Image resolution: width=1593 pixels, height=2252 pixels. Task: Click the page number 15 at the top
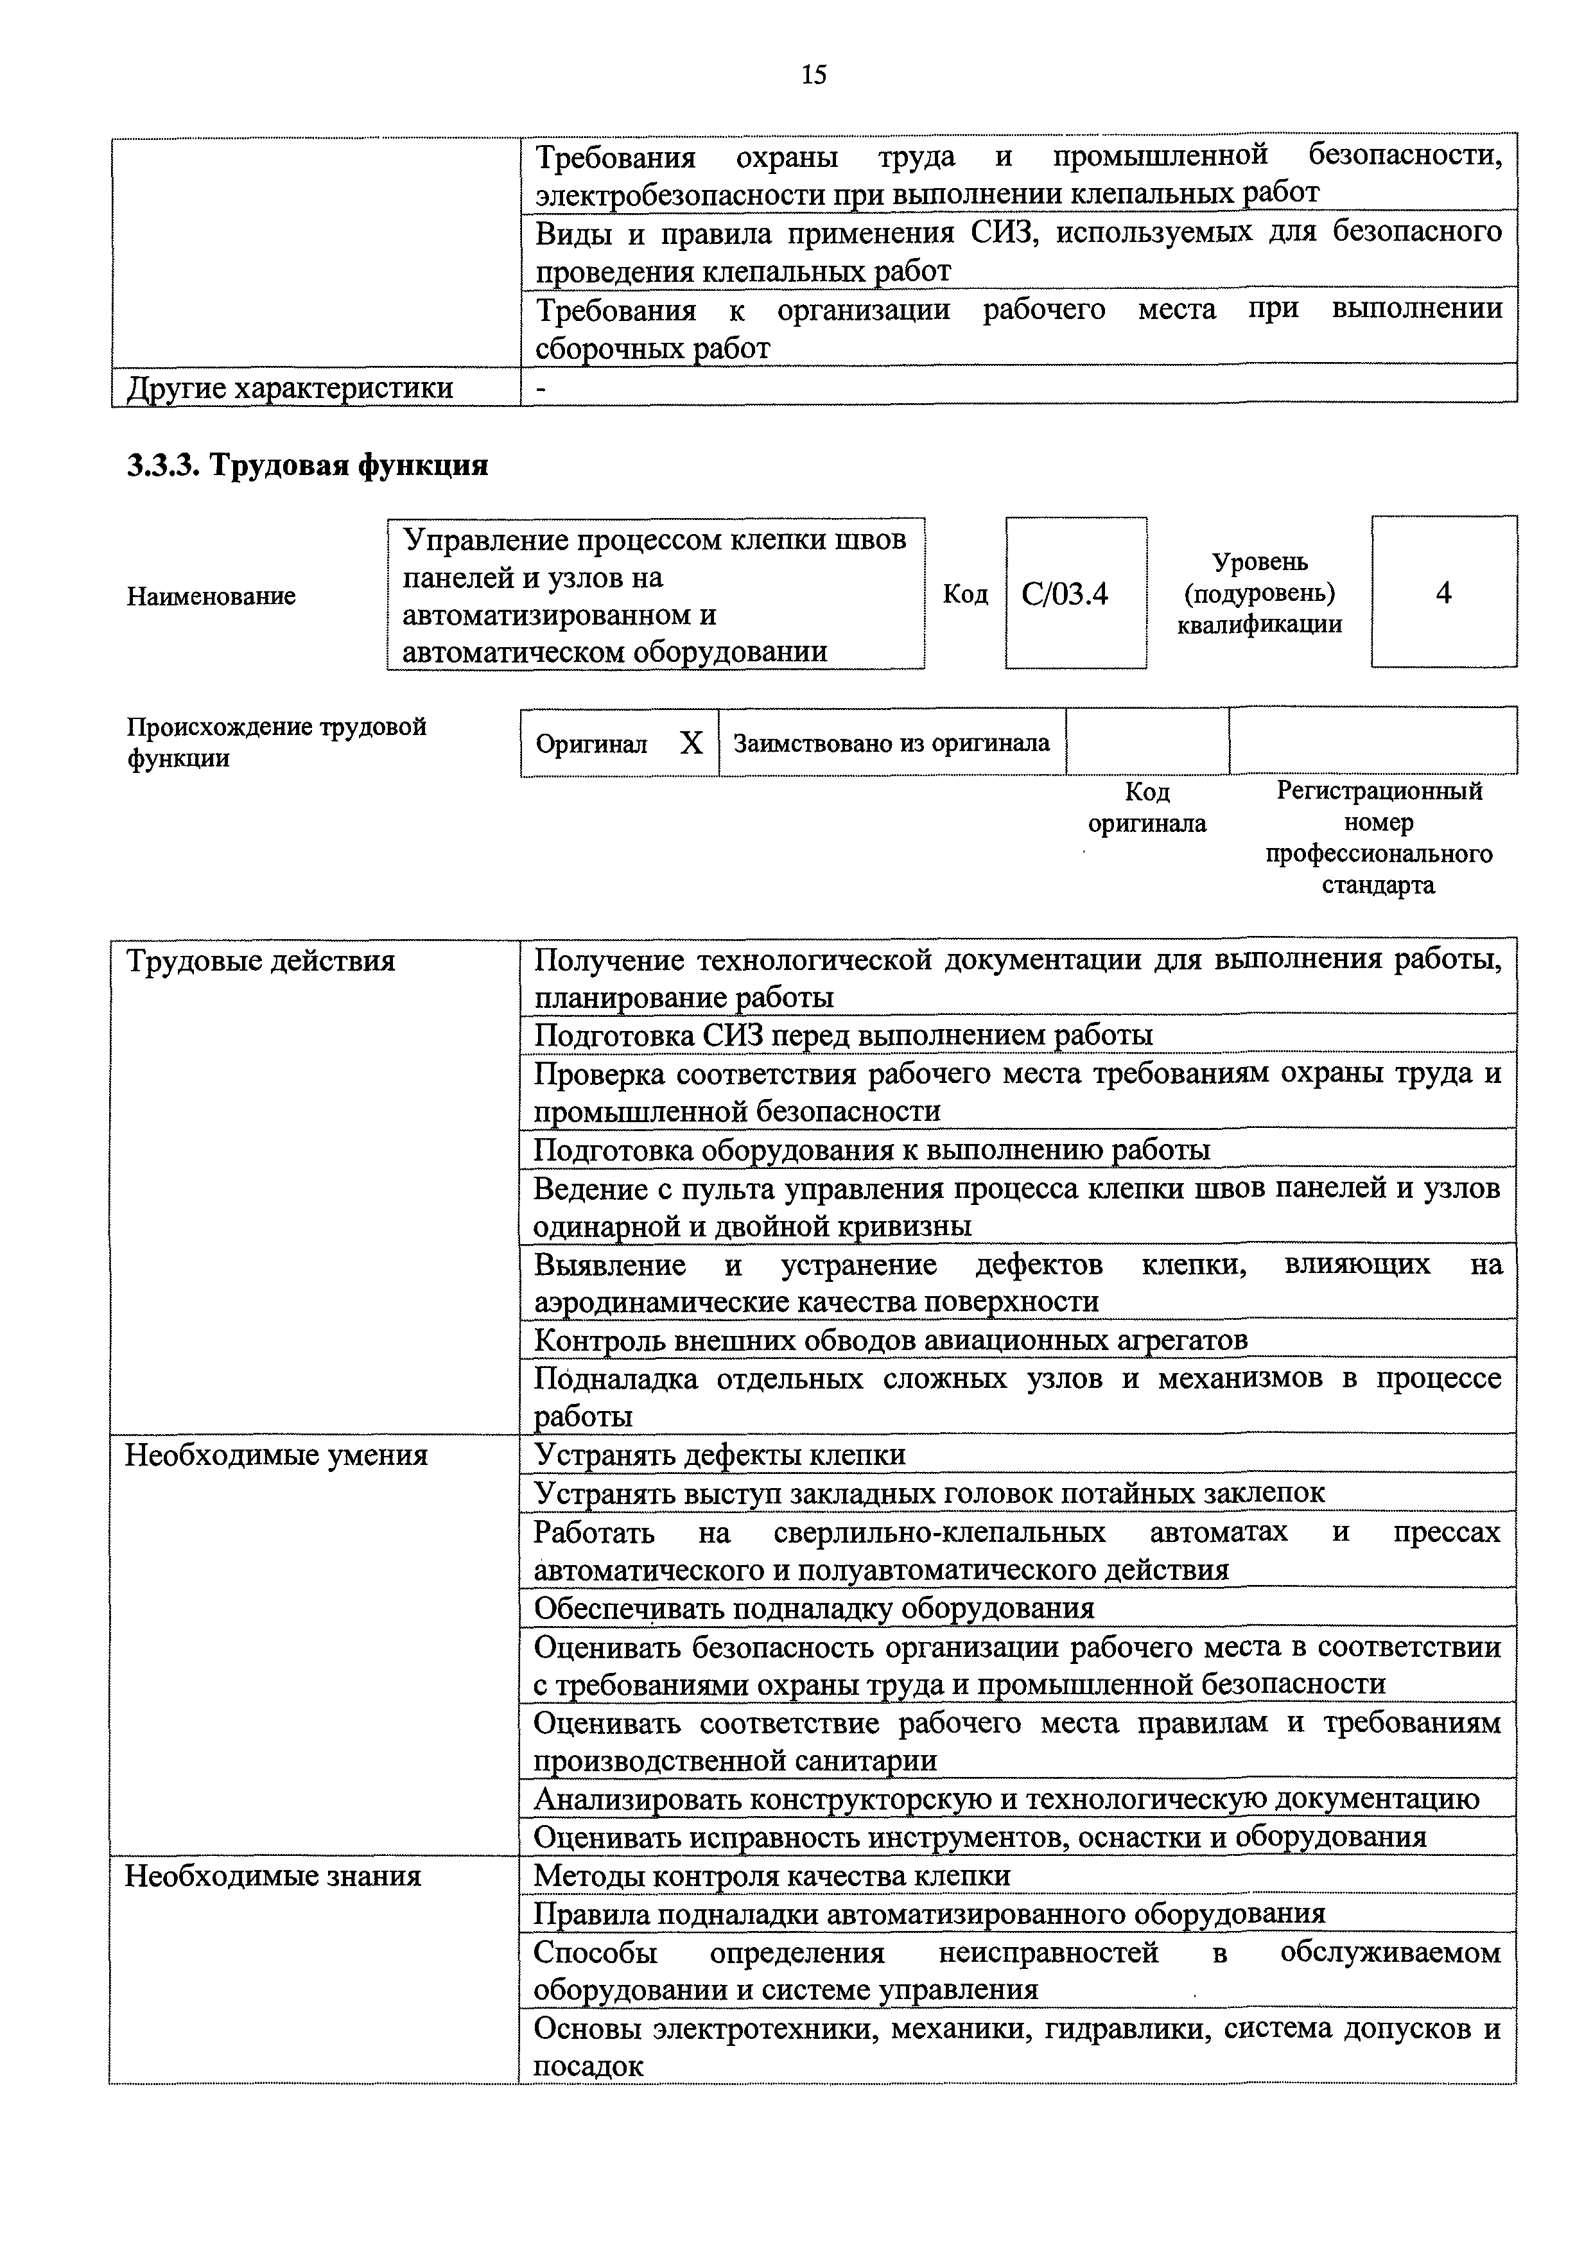pos(813,74)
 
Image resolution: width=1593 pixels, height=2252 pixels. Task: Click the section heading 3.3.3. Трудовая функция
pos(307,465)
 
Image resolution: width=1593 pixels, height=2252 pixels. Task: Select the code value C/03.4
pos(1065,594)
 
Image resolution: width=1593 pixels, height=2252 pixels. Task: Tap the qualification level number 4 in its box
pos(1443,593)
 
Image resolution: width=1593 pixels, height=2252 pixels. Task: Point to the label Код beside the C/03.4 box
pos(965,594)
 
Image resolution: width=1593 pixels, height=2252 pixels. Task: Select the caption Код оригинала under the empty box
pos(1147,807)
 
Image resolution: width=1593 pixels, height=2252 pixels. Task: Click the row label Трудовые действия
pos(261,961)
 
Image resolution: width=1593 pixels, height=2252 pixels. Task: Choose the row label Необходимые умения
pos(277,1455)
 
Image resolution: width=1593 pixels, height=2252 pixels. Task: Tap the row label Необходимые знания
pos(273,1876)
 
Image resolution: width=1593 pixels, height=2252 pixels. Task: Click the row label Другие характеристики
pos(290,388)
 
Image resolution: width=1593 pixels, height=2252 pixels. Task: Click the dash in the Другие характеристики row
pos(541,388)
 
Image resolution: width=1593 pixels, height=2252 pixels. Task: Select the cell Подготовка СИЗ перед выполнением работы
pos(844,1035)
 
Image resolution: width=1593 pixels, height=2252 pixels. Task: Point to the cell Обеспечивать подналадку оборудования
pos(814,1609)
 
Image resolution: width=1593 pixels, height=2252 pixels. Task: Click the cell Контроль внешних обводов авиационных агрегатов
pos(891,1340)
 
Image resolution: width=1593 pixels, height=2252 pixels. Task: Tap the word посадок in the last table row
pos(589,2066)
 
